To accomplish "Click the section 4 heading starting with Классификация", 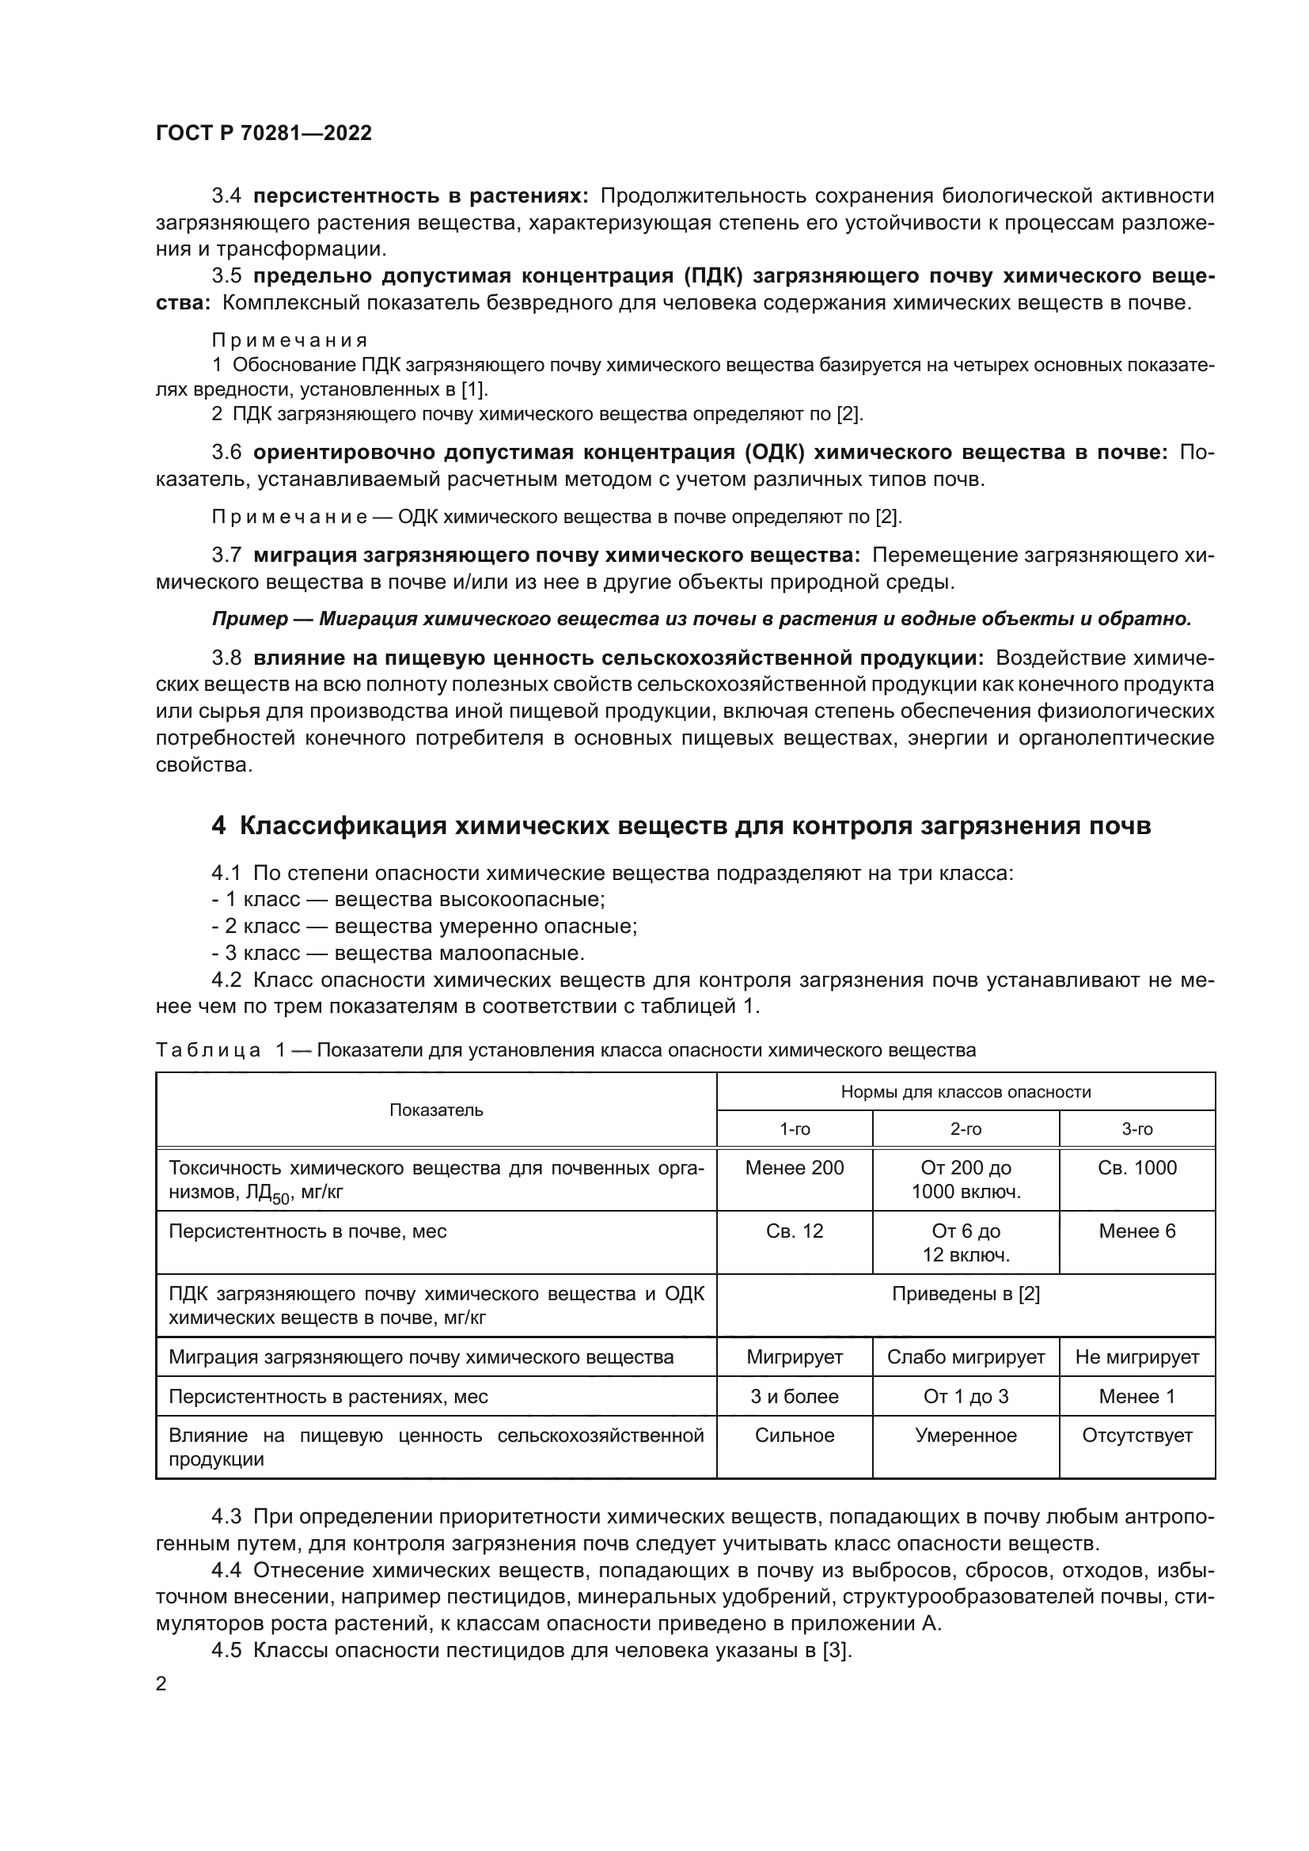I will click(x=681, y=826).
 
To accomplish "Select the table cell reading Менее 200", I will click(x=794, y=1168).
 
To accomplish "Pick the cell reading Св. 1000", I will click(x=1136, y=1168).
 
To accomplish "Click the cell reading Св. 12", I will click(x=794, y=1231).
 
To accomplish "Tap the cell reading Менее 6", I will click(x=1136, y=1231).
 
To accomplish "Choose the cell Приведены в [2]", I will click(x=966, y=1294).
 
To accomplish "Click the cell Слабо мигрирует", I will click(x=966, y=1357).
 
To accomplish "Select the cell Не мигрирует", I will click(x=1136, y=1357).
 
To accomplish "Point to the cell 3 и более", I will click(x=794, y=1396).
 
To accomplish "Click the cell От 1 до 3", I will click(x=966, y=1396).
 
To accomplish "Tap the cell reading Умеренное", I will click(x=966, y=1436).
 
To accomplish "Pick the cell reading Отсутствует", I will click(x=1136, y=1436).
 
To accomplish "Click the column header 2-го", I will click(x=966, y=1129).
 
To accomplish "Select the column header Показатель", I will click(x=436, y=1110).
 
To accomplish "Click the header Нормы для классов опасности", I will click(x=966, y=1092).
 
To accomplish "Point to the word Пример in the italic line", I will click(x=249, y=619).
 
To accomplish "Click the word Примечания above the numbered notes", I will click(x=290, y=340).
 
